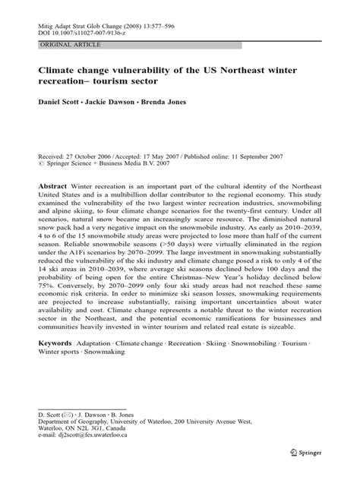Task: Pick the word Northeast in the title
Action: click(x=248, y=70)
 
